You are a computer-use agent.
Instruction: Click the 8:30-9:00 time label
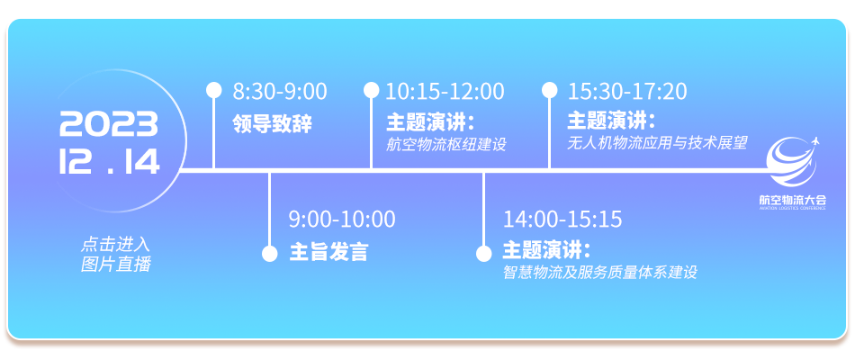280,92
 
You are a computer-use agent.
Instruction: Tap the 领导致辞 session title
272,124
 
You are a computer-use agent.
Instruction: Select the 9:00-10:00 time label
342,220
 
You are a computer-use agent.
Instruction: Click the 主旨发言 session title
328,252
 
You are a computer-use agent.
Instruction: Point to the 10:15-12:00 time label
445,92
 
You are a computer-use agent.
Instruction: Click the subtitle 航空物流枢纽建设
446,145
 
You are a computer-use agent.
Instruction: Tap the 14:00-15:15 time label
562,220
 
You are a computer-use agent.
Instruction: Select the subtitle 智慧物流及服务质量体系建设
599,272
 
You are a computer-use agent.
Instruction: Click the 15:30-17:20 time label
627,92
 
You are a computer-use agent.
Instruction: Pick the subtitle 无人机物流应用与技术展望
657,143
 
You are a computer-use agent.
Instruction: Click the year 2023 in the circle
109,124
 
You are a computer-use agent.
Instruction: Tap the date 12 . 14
110,161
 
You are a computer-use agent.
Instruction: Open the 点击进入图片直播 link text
115,254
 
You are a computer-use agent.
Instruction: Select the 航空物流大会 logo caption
793,200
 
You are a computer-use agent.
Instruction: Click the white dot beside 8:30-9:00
214,90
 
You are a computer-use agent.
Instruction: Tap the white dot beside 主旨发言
270,254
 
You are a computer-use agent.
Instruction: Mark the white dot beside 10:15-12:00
372,90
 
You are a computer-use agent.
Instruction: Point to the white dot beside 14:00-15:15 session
483,254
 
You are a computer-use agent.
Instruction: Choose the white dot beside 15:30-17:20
550,90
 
